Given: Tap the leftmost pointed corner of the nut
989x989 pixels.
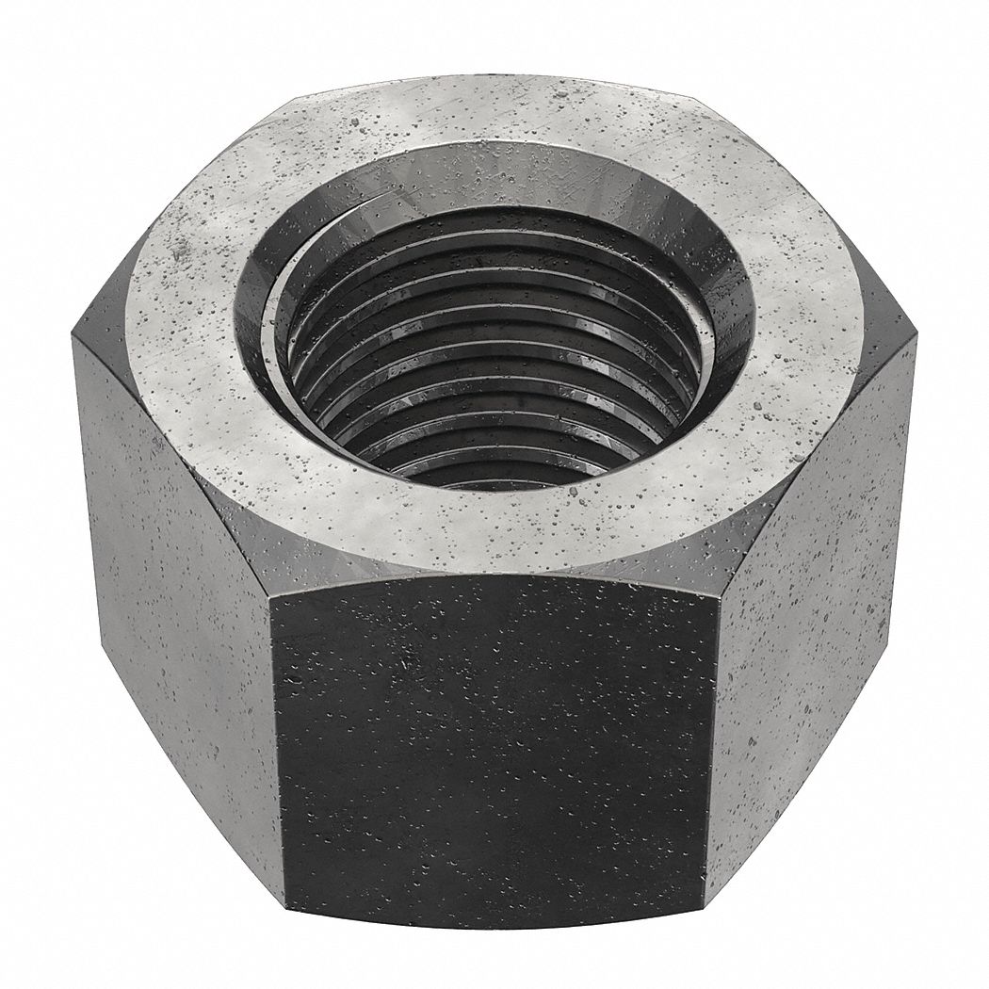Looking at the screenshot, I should pyautogui.click(x=73, y=330).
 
